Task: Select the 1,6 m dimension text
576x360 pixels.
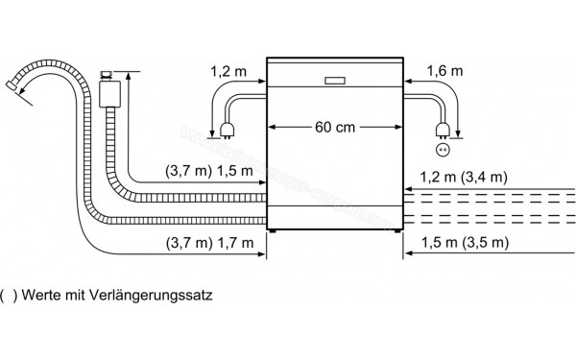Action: [443, 71]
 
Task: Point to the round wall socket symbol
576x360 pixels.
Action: [443, 149]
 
